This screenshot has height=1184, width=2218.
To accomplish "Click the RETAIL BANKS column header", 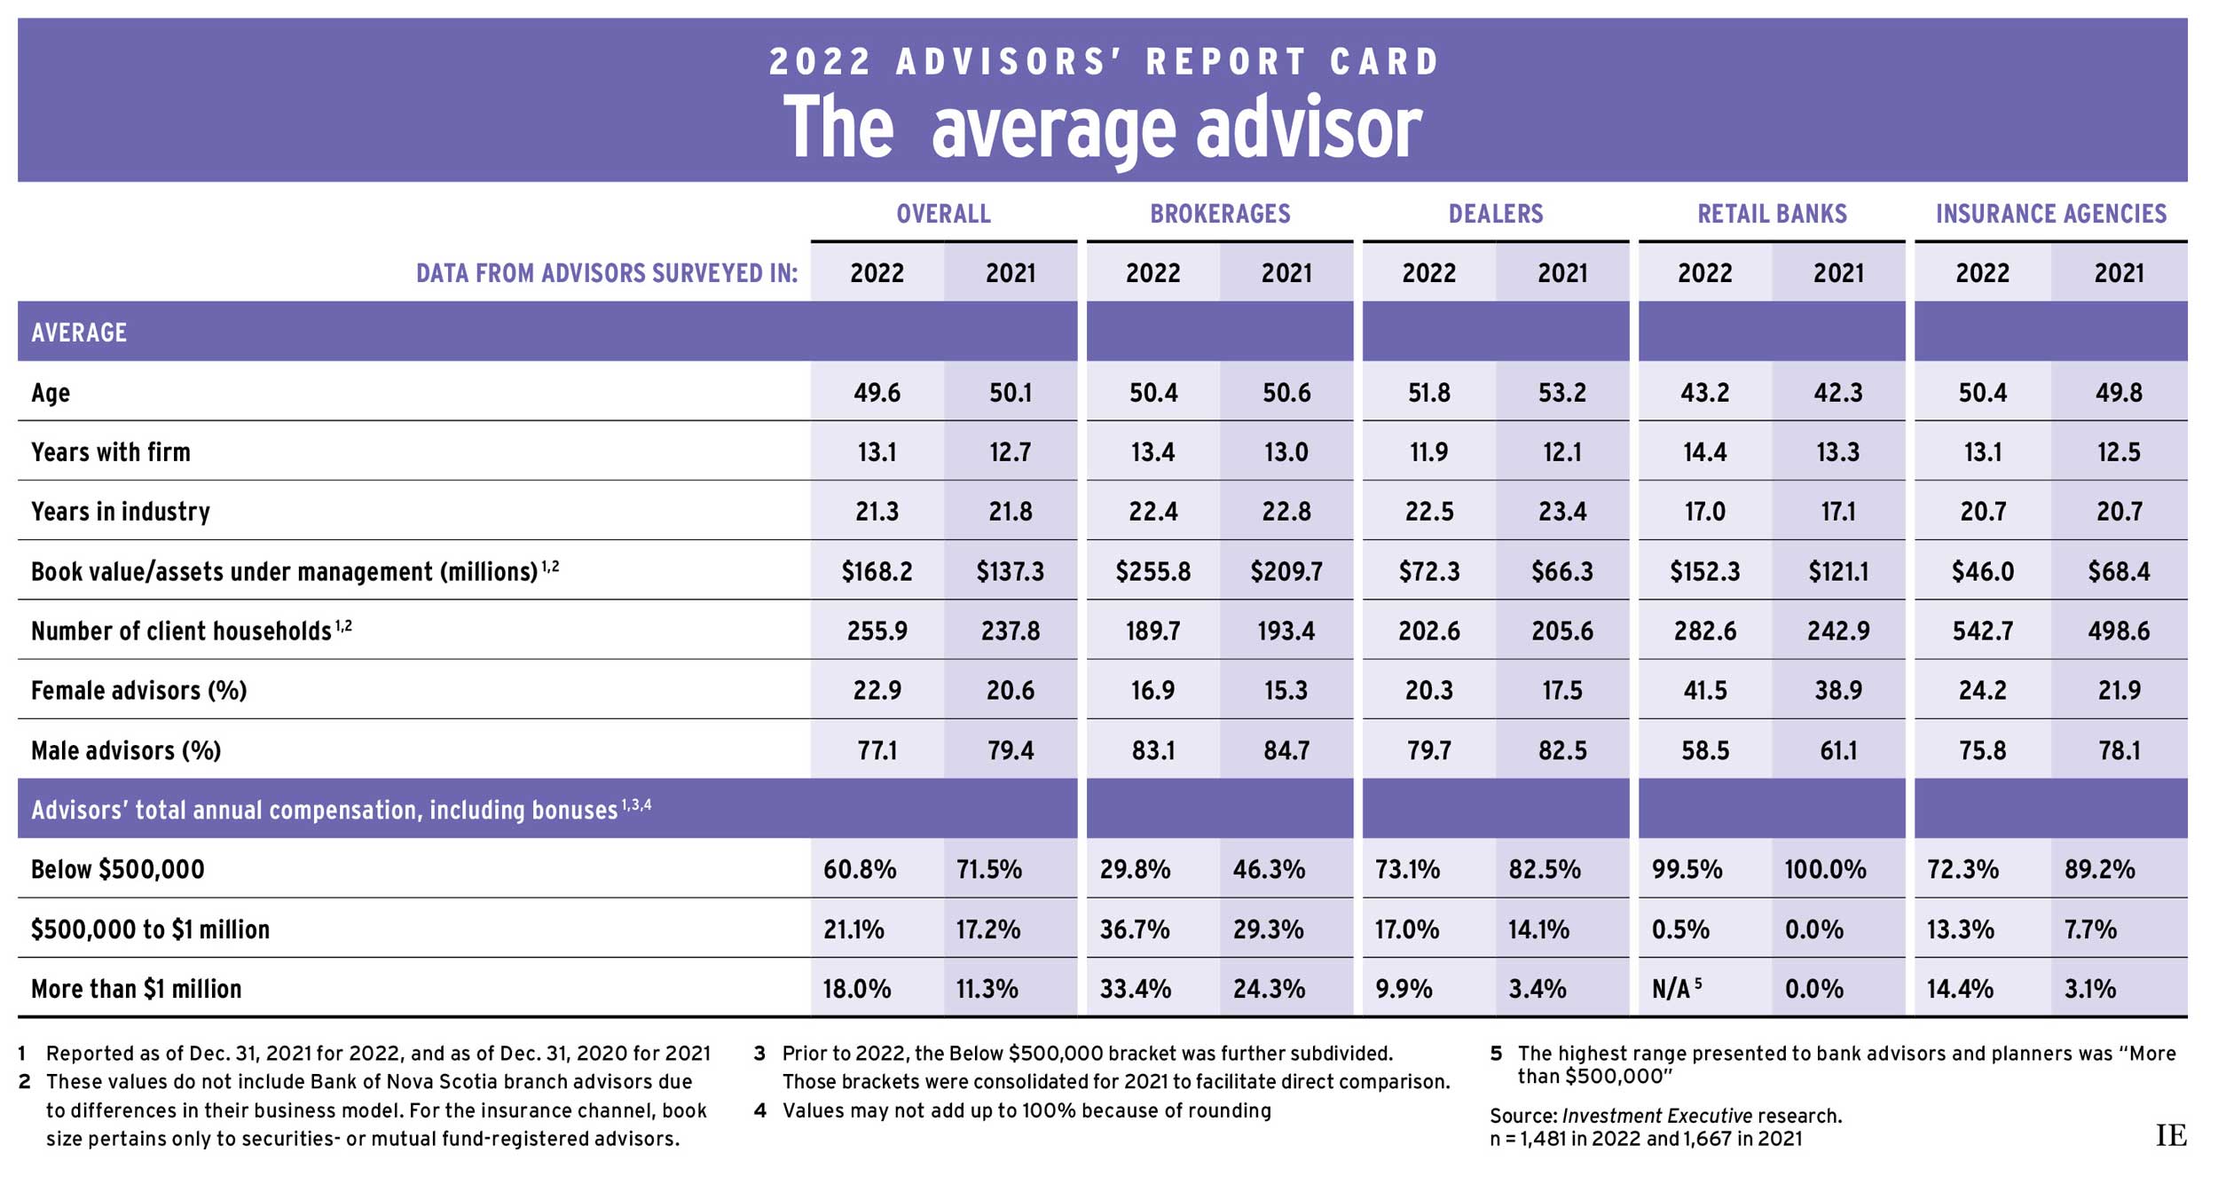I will tap(1772, 214).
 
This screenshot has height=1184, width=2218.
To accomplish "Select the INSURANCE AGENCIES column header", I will tap(2050, 214).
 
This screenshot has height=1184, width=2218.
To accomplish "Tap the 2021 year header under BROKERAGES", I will tap(1286, 273).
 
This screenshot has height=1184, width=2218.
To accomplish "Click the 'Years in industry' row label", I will tap(121, 512).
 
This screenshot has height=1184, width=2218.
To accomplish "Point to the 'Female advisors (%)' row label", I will tap(138, 690).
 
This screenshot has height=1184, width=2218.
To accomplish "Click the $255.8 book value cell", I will tap(1152, 571).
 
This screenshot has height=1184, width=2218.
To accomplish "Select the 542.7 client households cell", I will tap(1982, 631).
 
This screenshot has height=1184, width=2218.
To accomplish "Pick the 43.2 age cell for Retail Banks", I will tap(1704, 393).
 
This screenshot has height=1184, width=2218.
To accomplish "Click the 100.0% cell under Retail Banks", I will tap(1825, 869).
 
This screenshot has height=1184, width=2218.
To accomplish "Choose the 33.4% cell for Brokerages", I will tap(1135, 988).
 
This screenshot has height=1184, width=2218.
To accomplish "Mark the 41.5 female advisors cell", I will tap(1704, 690).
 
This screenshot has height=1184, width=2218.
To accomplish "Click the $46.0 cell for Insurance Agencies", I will tap(1982, 571).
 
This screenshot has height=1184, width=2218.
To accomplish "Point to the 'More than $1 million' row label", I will tap(136, 988).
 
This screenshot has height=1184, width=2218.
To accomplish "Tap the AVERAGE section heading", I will tap(79, 333).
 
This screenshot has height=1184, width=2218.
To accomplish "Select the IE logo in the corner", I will tap(2171, 1135).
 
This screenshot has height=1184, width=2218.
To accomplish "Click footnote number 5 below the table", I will tap(1496, 1054).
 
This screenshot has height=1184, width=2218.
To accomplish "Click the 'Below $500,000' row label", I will tap(117, 869).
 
